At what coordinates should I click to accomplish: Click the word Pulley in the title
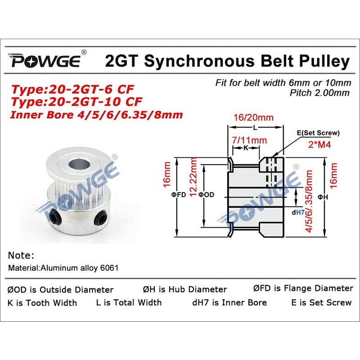pyautogui.click(x=324, y=62)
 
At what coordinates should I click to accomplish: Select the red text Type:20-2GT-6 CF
pyautogui.click(x=72, y=89)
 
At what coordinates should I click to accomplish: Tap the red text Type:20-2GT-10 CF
pyautogui.click(x=76, y=102)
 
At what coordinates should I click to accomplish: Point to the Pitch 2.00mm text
pyautogui.click(x=319, y=93)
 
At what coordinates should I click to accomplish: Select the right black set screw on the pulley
pyautogui.click(x=99, y=218)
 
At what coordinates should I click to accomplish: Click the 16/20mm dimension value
pyautogui.click(x=253, y=117)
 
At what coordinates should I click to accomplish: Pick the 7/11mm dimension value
pyautogui.click(x=249, y=140)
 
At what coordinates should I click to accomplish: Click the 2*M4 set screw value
pyautogui.click(x=319, y=144)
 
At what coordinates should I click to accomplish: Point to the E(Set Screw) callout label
pyautogui.click(x=318, y=133)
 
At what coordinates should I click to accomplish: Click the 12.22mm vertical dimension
pyautogui.click(x=193, y=177)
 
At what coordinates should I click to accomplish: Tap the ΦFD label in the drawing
pyautogui.click(x=178, y=195)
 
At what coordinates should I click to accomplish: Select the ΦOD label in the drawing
pyautogui.click(x=206, y=195)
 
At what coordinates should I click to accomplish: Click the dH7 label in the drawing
pyautogui.click(x=298, y=212)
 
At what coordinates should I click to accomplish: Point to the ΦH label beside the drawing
pyautogui.click(x=323, y=197)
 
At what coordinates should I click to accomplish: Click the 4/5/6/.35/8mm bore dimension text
pyautogui.click(x=309, y=201)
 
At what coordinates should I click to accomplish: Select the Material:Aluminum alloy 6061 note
pyautogui.click(x=63, y=268)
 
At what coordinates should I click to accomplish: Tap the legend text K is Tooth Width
pyautogui.click(x=42, y=303)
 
